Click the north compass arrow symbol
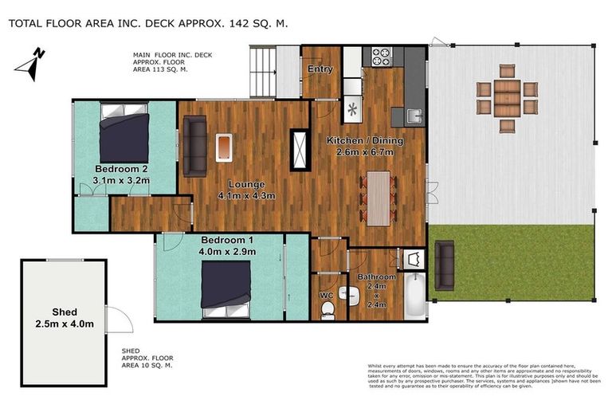pyautogui.click(x=29, y=65)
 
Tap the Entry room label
pyautogui.click(x=320, y=69)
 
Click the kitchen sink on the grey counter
pyautogui.click(x=414, y=116)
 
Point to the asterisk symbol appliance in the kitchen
pyautogui.click(x=351, y=108)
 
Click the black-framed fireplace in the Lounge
pyautogui.click(x=300, y=149)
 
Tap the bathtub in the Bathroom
pyautogui.click(x=412, y=294)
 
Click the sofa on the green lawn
pyautogui.click(x=444, y=265)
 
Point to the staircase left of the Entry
pyautogui.click(x=263, y=70)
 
